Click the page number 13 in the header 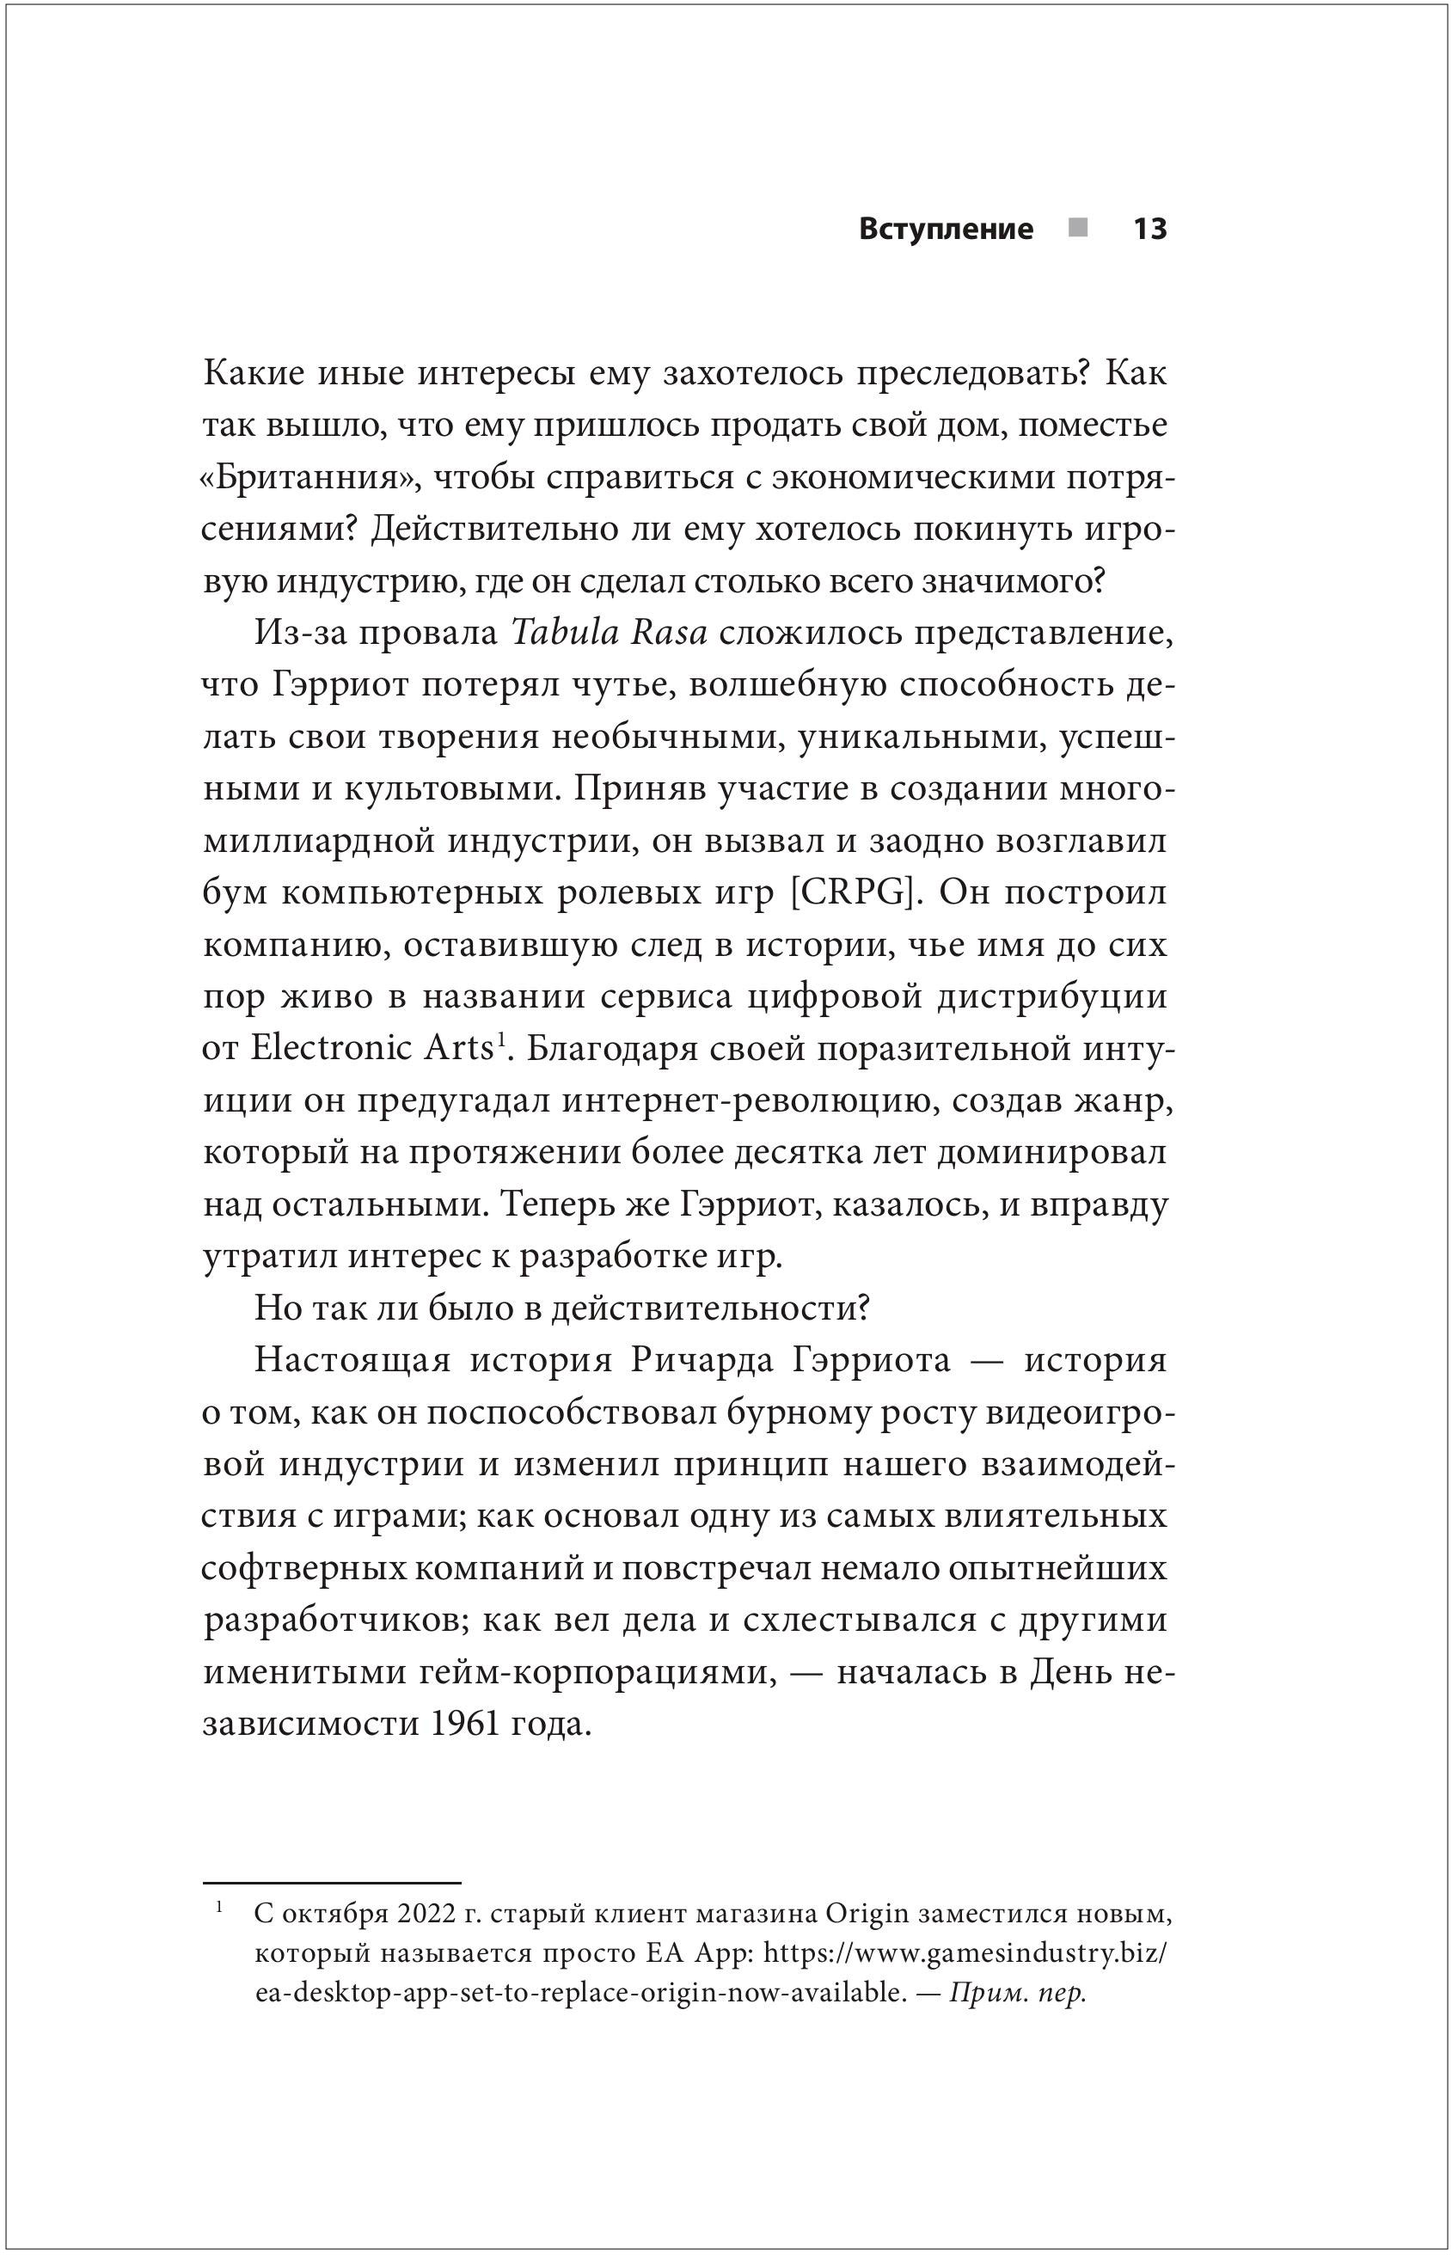click(1149, 229)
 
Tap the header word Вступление click(946, 229)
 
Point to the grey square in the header click(1078, 227)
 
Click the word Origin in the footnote click(866, 1915)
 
